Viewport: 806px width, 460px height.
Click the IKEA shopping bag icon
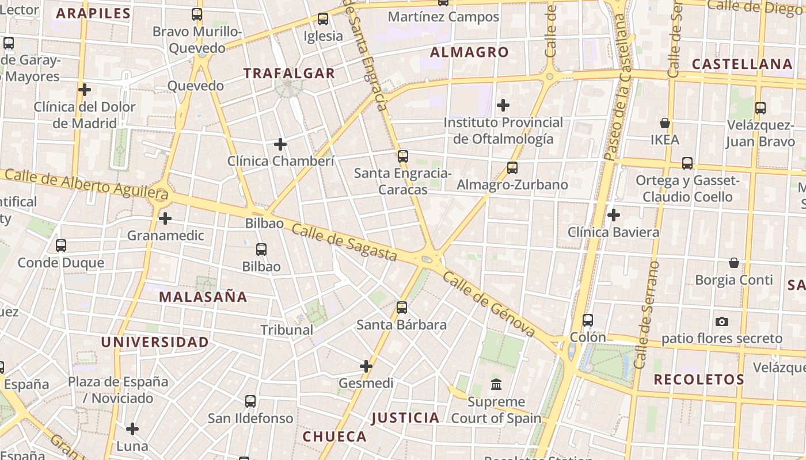coord(665,123)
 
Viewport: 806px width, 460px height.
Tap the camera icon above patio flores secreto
coord(721,321)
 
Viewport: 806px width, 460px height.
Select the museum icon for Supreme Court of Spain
coord(496,384)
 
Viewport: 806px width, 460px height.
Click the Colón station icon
coord(587,320)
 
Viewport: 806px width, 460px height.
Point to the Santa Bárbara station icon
coord(402,308)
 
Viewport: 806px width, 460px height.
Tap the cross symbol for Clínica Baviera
coord(614,215)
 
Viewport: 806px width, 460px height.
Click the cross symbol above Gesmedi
coord(366,366)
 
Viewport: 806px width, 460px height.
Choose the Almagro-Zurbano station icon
coord(512,168)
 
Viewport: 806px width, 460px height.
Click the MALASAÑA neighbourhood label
coord(203,297)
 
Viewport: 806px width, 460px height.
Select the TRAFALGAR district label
coord(289,73)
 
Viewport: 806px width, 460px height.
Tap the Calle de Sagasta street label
coord(344,242)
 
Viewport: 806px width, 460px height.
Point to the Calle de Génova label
coord(489,304)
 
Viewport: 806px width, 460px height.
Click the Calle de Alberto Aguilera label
coord(86,185)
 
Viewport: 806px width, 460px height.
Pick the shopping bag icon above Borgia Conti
coord(734,263)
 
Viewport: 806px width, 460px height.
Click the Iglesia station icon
coord(323,19)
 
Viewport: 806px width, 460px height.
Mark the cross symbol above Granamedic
coord(165,218)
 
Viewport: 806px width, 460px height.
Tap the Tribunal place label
coord(287,330)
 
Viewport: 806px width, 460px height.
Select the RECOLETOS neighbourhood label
coord(699,379)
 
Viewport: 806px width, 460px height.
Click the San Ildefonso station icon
coord(250,401)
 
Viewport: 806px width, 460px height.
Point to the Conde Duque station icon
coord(61,246)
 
